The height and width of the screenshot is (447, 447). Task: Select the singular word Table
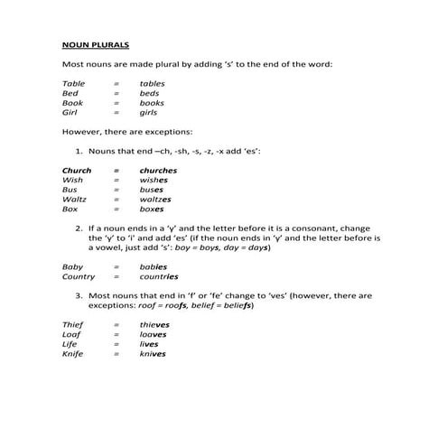(71, 83)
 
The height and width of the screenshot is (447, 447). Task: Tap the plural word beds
(149, 93)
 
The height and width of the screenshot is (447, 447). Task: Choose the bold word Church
(76, 170)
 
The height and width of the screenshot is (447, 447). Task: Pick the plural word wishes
(154, 180)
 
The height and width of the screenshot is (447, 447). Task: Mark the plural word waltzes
(155, 200)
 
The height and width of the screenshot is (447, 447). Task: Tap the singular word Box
(69, 210)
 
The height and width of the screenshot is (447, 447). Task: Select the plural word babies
(154, 267)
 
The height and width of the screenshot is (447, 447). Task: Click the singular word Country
(78, 277)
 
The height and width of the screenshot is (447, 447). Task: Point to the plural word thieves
(154, 324)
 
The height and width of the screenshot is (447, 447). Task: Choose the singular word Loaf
(70, 334)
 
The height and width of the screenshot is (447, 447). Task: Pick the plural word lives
(149, 344)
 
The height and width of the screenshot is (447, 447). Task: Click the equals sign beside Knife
(116, 354)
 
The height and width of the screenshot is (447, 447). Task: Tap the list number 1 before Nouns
(79, 151)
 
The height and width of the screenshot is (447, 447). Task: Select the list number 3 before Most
(79, 295)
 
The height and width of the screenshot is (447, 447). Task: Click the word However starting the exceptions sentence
(80, 132)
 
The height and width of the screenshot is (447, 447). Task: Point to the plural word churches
(158, 170)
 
